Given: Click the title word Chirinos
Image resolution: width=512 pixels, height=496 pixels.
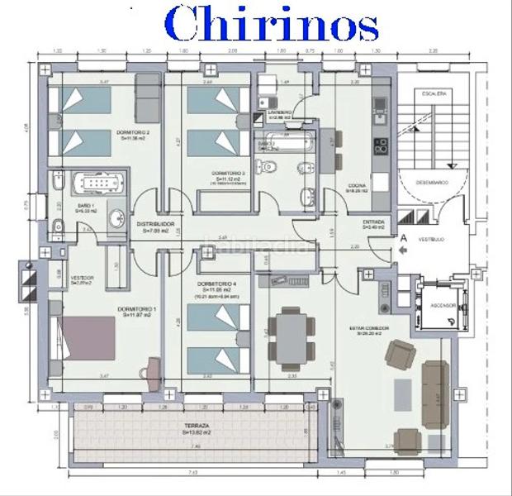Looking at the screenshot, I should coord(272,25).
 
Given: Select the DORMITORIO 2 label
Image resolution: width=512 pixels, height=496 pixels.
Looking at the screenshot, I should coord(132,132).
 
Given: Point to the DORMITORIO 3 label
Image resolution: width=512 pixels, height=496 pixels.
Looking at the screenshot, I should coord(229,174).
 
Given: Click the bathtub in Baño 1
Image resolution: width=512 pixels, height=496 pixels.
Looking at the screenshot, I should coord(96,184).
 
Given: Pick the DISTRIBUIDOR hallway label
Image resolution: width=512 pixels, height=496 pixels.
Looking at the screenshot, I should coord(154,224).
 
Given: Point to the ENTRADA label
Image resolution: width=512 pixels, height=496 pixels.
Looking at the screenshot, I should coord(373,223).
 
